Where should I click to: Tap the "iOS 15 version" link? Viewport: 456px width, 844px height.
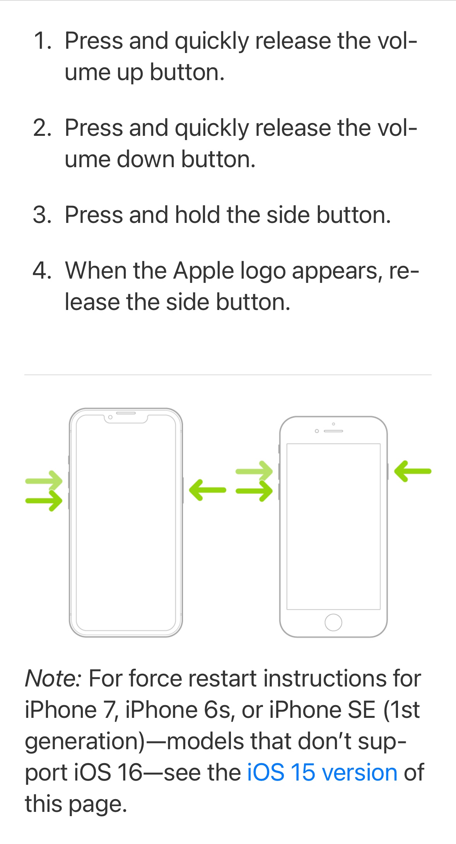pos(322,772)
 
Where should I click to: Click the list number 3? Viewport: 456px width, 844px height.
pos(43,215)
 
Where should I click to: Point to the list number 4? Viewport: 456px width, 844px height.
pos(42,270)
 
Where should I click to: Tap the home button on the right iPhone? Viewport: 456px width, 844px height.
pos(333,622)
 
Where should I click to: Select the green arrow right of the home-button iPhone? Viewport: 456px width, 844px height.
pos(413,471)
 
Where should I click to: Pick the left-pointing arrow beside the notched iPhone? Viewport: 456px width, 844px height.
pos(207,490)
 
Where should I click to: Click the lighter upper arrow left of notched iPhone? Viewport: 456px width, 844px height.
pos(44,481)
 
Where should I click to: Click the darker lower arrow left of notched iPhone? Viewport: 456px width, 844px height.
pos(44,500)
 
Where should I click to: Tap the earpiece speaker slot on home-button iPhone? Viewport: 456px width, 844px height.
pos(333,431)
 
